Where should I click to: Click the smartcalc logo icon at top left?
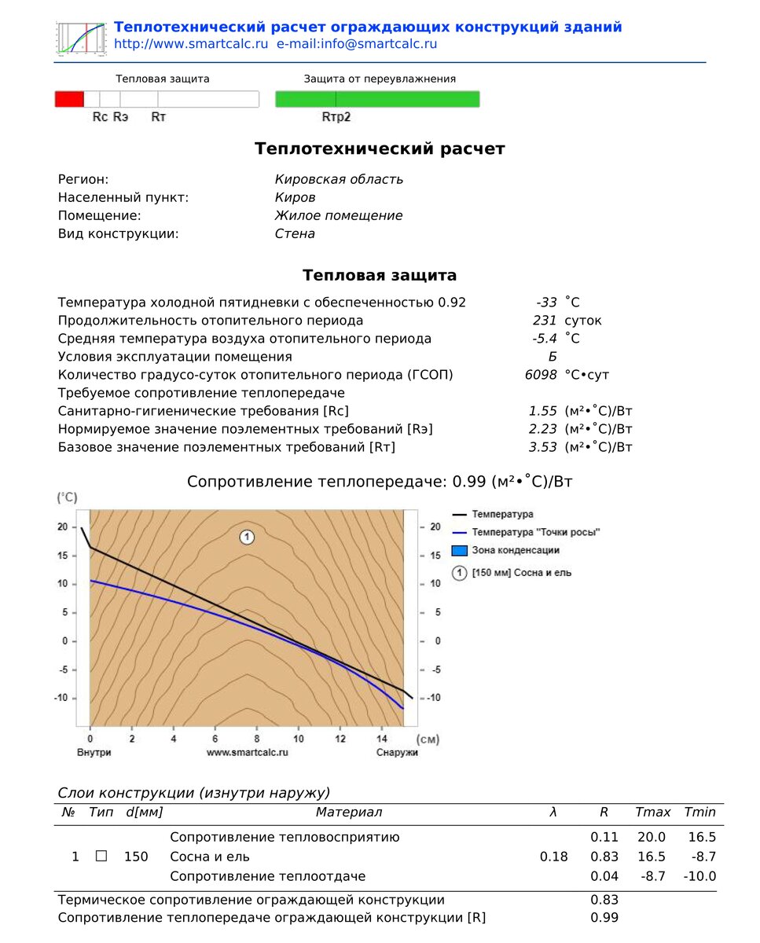click(x=81, y=37)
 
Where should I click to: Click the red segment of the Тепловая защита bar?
click(x=69, y=99)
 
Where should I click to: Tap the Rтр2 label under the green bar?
click(x=336, y=117)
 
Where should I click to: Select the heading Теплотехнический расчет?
click(x=380, y=149)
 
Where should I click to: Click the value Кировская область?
click(x=339, y=179)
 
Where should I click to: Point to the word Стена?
click(x=295, y=233)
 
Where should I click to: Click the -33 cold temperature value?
click(x=546, y=303)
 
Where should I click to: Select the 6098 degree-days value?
click(x=541, y=375)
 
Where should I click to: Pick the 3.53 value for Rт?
click(x=543, y=447)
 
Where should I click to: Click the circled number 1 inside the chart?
click(x=247, y=538)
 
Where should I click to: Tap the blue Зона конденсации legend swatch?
click(x=460, y=550)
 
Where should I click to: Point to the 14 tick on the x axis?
click(x=382, y=739)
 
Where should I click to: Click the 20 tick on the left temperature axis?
click(x=62, y=527)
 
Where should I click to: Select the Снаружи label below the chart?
click(x=396, y=752)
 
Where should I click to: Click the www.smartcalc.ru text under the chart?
click(x=247, y=752)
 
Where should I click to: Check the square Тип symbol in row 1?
click(x=101, y=857)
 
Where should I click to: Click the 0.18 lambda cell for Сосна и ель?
click(x=553, y=857)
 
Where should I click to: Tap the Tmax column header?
click(x=652, y=813)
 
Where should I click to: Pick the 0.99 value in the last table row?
click(x=604, y=918)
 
